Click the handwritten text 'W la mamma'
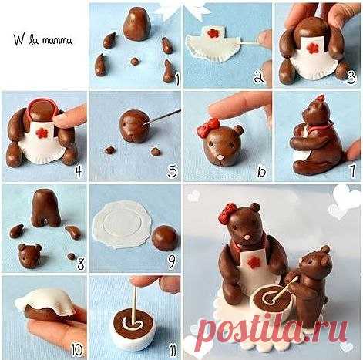pyautogui.click(x=43, y=40)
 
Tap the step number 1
pyautogui.click(x=176, y=79)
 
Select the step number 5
pyautogui.click(x=173, y=172)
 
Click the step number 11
pyautogui.click(x=173, y=351)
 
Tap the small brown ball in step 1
pyautogui.click(x=134, y=61)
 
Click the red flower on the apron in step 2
pyautogui.click(x=212, y=33)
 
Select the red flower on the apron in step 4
pyautogui.click(x=42, y=133)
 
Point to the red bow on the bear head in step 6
pyautogui.click(x=208, y=126)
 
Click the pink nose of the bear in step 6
pyautogui.click(x=220, y=156)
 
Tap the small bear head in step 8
pyautogui.click(x=29, y=256)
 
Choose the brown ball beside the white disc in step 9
pyautogui.click(x=165, y=238)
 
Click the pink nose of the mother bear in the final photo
pyautogui.click(x=248, y=237)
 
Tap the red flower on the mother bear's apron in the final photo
pyautogui.click(x=252, y=263)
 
